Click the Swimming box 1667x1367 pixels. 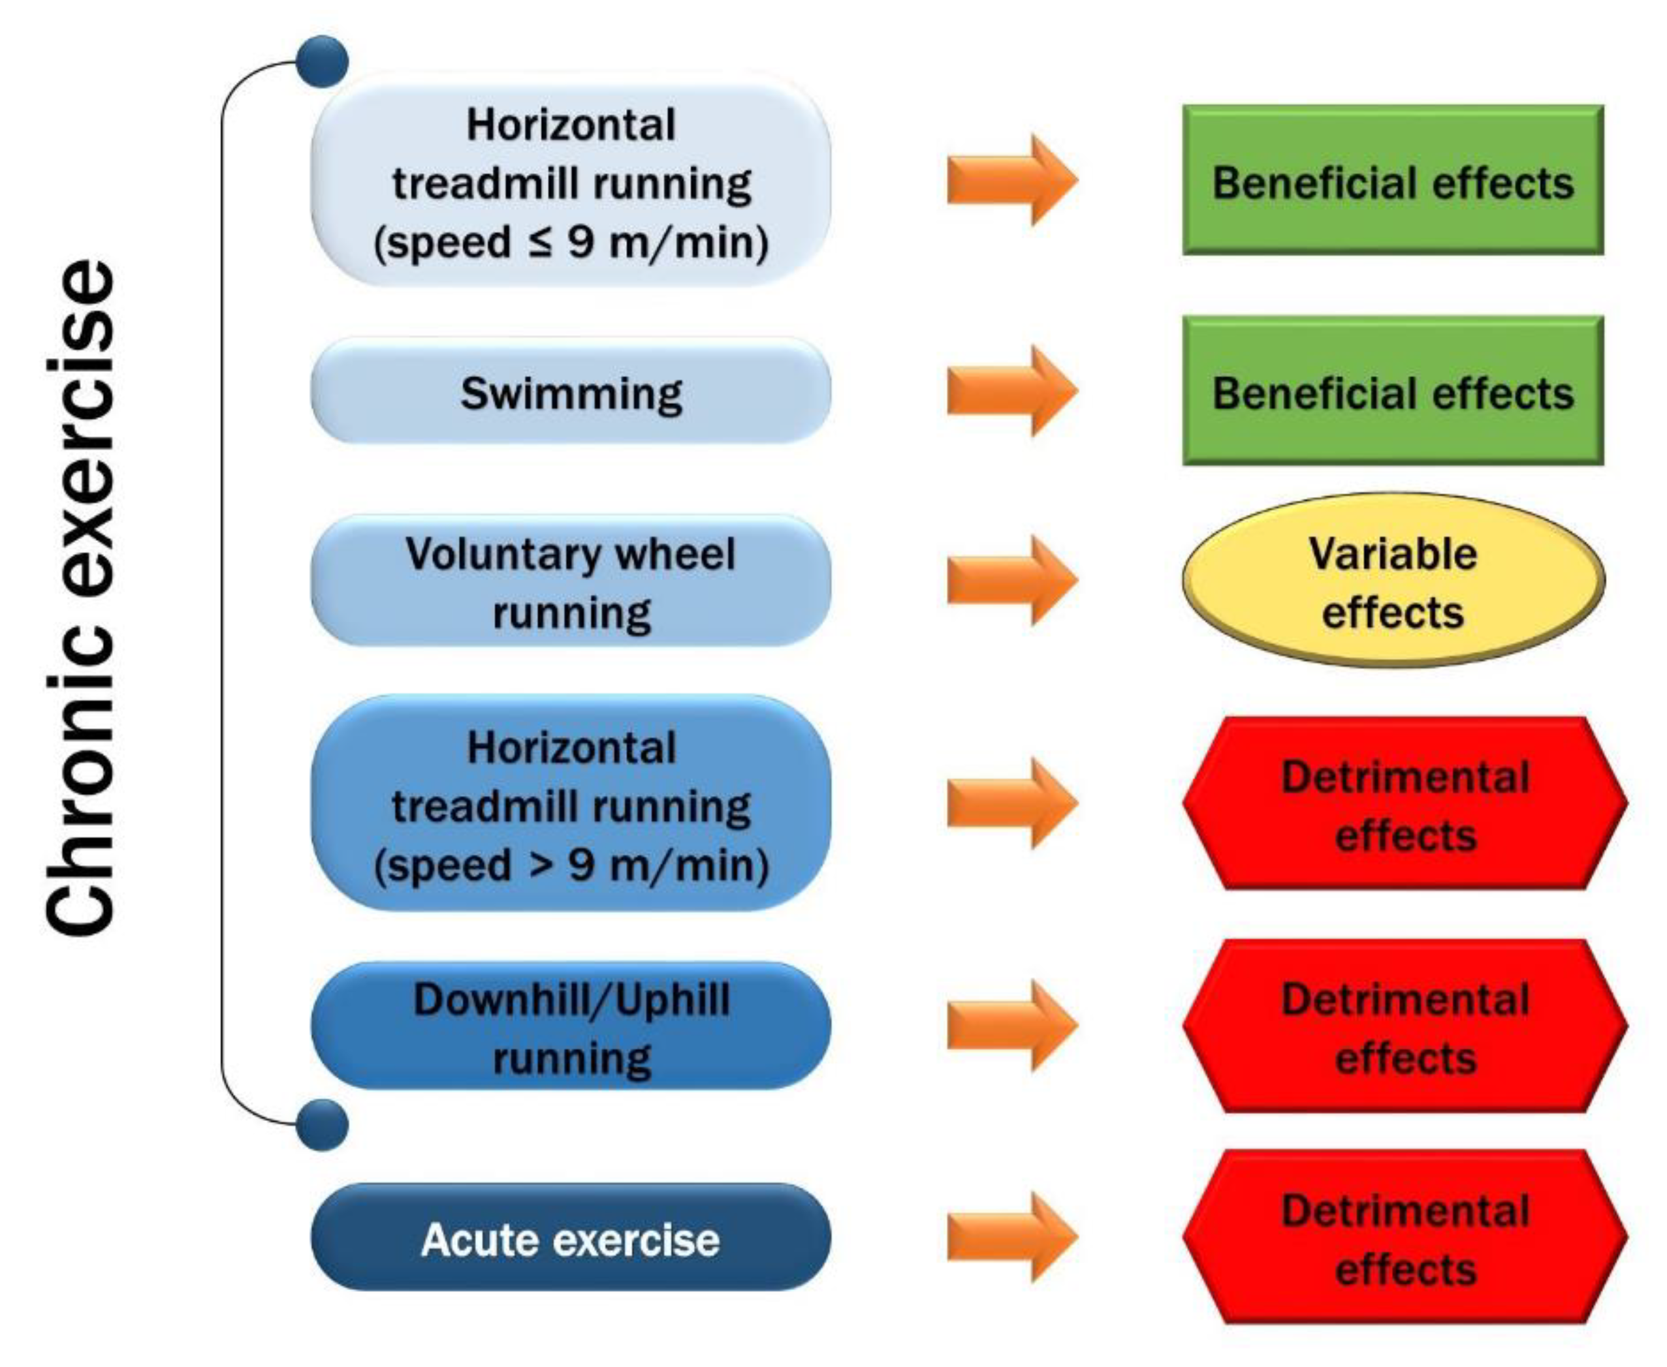[x=571, y=392]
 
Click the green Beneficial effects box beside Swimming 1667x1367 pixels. [x=1392, y=392]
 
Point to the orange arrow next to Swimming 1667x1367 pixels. [x=1011, y=392]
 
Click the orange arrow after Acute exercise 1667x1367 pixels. [x=1011, y=1237]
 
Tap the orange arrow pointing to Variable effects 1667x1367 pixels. [x=1011, y=581]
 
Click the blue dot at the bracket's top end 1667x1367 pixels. [x=322, y=61]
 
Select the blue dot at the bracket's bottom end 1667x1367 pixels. [x=322, y=1124]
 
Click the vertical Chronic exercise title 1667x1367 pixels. [x=81, y=598]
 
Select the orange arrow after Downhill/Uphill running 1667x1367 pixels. [x=1011, y=1025]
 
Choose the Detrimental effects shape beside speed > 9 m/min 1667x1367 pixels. [x=1405, y=804]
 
